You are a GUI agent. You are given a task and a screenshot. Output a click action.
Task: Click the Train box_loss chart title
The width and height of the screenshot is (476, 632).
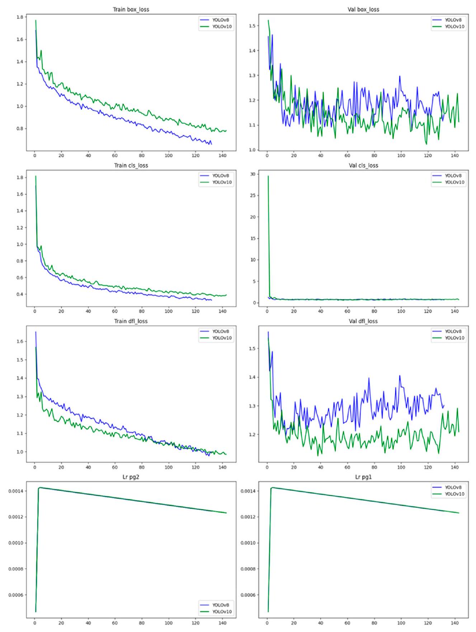(131, 9)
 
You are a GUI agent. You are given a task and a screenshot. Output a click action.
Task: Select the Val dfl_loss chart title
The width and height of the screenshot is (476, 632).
(363, 321)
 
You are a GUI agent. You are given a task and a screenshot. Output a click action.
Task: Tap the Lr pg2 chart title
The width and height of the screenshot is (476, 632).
(131, 477)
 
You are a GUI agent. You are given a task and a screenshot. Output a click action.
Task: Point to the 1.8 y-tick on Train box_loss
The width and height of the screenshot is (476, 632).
(20, 17)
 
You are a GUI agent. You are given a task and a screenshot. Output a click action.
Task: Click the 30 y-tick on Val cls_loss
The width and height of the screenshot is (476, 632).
(253, 174)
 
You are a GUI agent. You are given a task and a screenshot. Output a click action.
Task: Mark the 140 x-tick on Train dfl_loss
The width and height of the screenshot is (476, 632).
(222, 467)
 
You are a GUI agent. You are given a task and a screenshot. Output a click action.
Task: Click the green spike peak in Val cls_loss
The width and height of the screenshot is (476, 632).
(268, 176)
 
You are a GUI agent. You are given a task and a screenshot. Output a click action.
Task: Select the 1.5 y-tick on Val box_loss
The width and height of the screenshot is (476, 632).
(252, 26)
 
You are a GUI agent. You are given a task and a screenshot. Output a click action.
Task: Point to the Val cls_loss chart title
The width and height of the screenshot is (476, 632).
(363, 165)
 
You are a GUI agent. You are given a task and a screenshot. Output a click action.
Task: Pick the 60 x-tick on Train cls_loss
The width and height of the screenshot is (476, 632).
(115, 311)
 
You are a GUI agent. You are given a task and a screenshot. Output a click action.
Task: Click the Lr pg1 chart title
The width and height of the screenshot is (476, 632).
(363, 477)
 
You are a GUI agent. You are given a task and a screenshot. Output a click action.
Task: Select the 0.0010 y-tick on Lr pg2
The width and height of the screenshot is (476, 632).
(16, 543)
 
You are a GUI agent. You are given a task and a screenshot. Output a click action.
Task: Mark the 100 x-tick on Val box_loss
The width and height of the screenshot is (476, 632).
(401, 155)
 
